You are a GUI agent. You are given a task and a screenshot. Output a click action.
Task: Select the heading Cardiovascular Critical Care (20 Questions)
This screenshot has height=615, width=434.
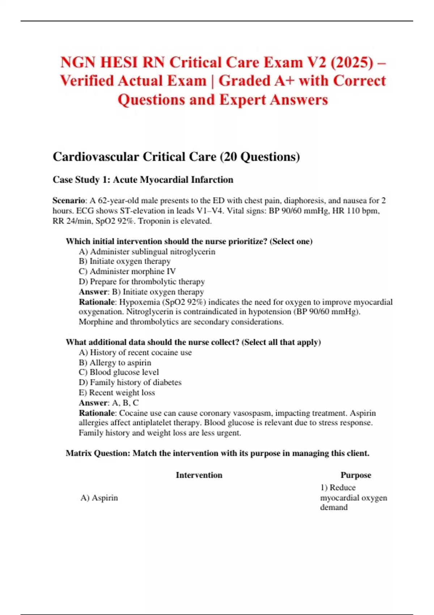pos(176,157)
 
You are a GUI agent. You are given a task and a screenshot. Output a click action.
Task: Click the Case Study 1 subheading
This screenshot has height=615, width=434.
pos(143,180)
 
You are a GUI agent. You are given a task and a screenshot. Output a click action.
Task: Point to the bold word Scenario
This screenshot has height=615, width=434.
pos(68,200)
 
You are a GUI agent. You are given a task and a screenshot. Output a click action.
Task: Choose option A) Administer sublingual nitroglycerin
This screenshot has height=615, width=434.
pos(147,251)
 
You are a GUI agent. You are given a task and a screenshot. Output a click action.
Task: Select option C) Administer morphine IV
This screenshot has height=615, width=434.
pos(127,271)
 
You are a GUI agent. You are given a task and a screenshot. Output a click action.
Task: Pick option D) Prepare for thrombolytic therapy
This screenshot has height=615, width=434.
pos(142,281)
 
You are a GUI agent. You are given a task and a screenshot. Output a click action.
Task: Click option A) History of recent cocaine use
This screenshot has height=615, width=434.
pos(135,352)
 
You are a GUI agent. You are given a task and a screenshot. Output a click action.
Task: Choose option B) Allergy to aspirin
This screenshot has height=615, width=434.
pos(115,362)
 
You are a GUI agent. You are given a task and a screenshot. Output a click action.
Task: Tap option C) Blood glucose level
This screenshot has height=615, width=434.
pos(119,372)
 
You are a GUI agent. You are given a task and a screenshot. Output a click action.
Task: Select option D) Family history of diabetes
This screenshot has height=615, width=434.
pos(130,382)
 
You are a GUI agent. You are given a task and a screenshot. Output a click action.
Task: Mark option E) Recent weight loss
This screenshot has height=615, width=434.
pos(117,393)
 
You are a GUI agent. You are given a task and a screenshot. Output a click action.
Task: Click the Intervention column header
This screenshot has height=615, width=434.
pos(199,475)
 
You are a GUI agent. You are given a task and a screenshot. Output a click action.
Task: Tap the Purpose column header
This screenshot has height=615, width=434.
pos(356,475)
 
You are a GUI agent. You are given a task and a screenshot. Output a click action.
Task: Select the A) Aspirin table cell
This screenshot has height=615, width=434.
pos(99,498)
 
